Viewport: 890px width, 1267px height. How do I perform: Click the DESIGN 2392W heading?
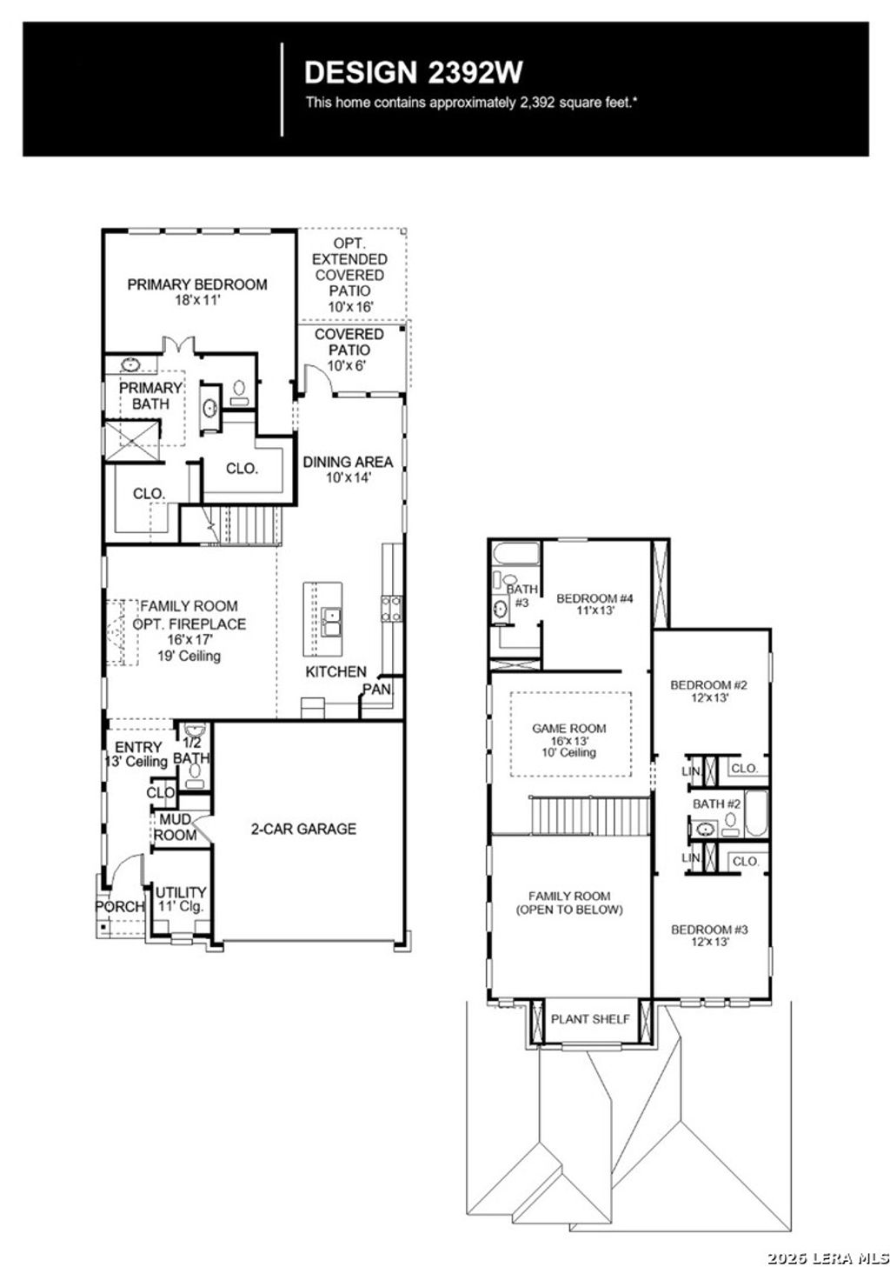[413, 70]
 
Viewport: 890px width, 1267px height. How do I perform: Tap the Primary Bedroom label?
[197, 290]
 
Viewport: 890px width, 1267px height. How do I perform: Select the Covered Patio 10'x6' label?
[349, 350]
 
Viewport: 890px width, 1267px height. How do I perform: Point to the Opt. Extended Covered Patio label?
[349, 275]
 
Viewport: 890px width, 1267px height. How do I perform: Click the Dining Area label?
[348, 469]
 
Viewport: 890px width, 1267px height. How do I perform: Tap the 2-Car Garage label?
[303, 829]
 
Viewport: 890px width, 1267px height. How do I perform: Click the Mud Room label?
[176, 827]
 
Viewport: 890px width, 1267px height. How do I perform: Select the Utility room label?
[181, 898]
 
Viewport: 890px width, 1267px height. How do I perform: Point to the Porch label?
[119, 906]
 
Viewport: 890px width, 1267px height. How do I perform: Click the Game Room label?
[569, 739]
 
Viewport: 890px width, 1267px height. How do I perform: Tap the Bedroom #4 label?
[595, 603]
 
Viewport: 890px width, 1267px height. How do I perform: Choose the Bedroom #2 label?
[709, 690]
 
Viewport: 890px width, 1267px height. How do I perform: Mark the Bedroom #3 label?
[709, 935]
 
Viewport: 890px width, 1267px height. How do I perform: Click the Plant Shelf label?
[590, 1018]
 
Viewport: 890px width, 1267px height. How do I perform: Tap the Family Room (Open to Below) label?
[569, 903]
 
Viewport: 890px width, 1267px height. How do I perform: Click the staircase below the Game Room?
[590, 816]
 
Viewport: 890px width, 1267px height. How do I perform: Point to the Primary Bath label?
[150, 395]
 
